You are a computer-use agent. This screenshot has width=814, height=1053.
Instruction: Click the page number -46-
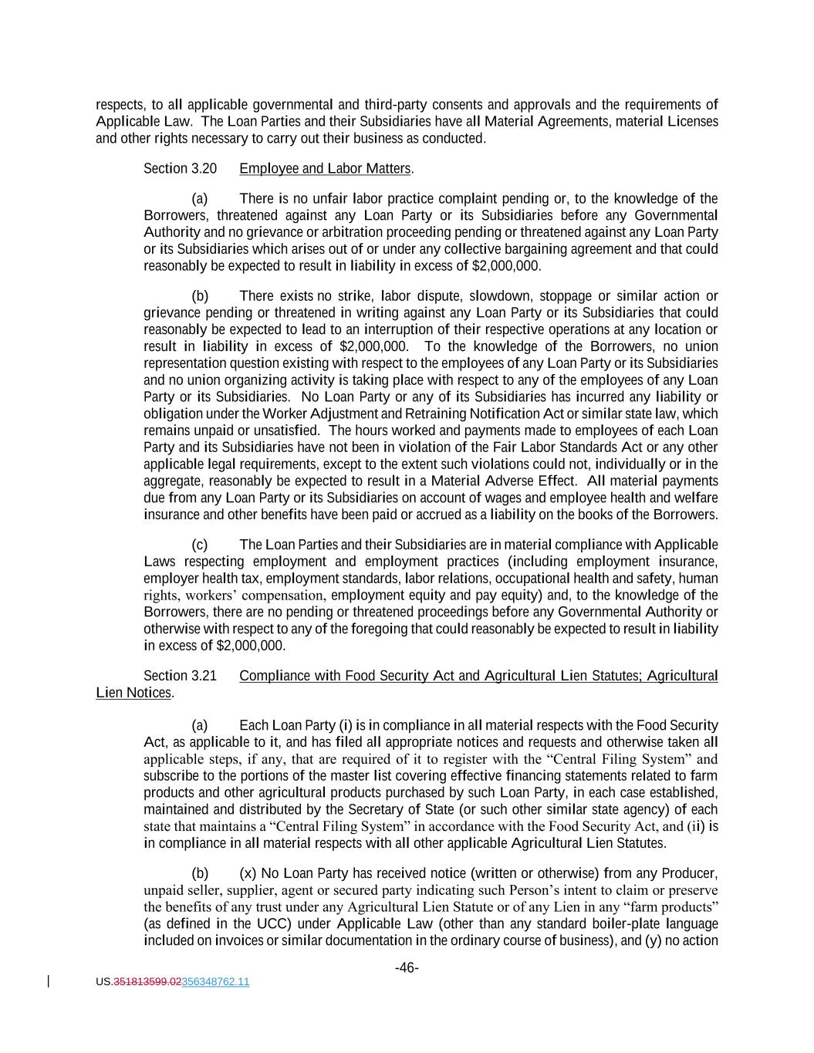(x=407, y=968)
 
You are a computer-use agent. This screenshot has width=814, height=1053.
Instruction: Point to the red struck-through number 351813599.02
(x=147, y=982)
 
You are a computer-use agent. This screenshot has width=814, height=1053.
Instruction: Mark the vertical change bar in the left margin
(x=49, y=981)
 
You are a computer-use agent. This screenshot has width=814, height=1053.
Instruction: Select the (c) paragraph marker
(x=199, y=545)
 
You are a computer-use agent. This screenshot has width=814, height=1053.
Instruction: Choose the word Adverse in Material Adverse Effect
(x=507, y=481)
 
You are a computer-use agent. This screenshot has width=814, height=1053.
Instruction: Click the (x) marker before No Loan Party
(x=248, y=873)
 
